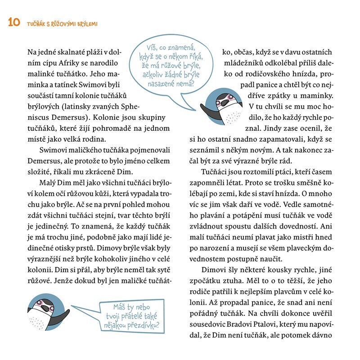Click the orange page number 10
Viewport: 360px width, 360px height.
[13, 22]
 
